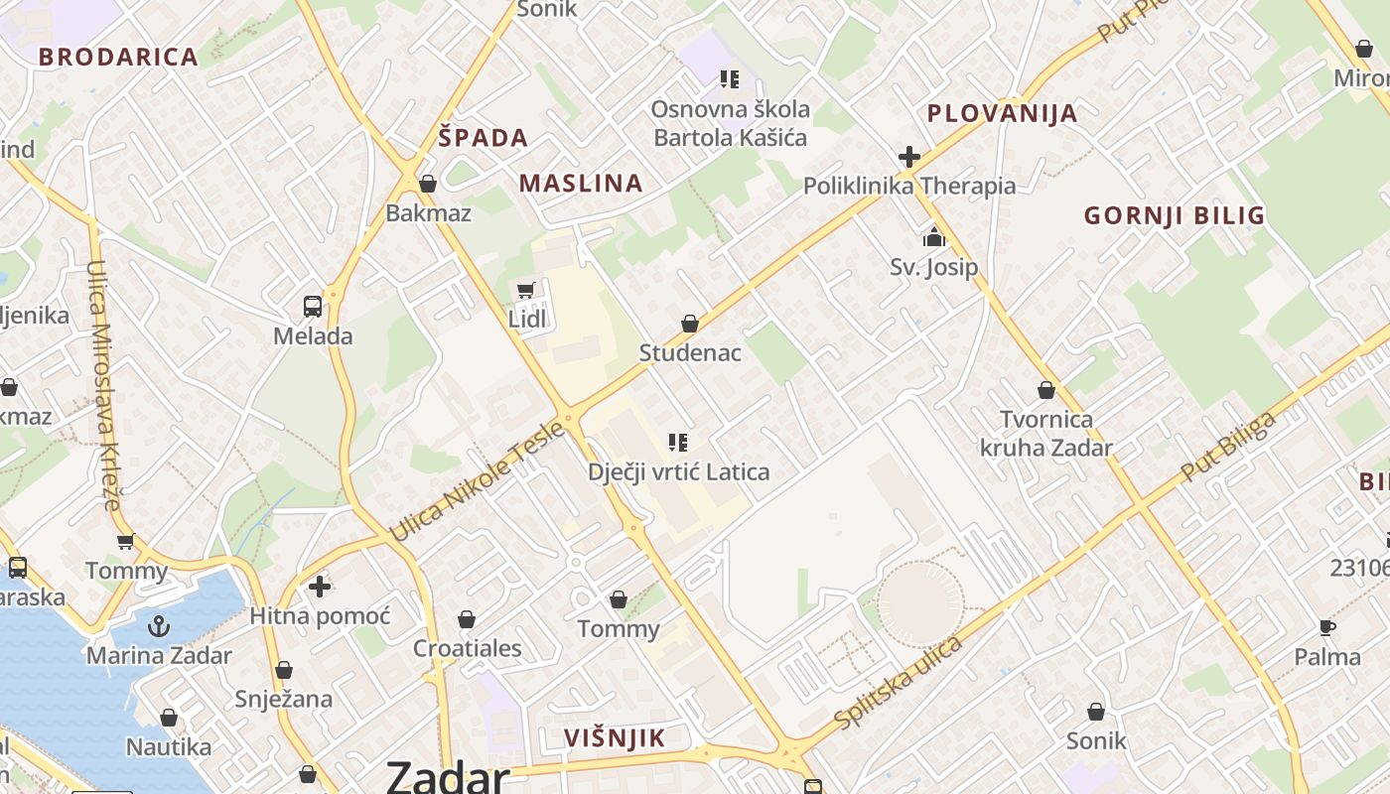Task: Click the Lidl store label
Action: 527,319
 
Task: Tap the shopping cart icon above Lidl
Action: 526,291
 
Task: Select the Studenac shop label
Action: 689,352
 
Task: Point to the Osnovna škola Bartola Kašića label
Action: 730,123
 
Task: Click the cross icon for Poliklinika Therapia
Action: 908,157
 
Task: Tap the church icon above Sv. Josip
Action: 933,237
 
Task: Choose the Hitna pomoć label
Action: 320,615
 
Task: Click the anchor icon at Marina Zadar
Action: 158,626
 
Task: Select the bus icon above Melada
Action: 312,306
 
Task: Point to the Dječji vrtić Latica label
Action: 678,471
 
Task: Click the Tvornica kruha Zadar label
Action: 1045,433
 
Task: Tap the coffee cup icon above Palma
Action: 1327,627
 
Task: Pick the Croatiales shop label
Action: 467,648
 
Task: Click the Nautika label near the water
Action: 169,746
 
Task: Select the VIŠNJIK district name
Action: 615,737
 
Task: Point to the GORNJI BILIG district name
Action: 1175,215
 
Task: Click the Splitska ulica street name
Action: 899,683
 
